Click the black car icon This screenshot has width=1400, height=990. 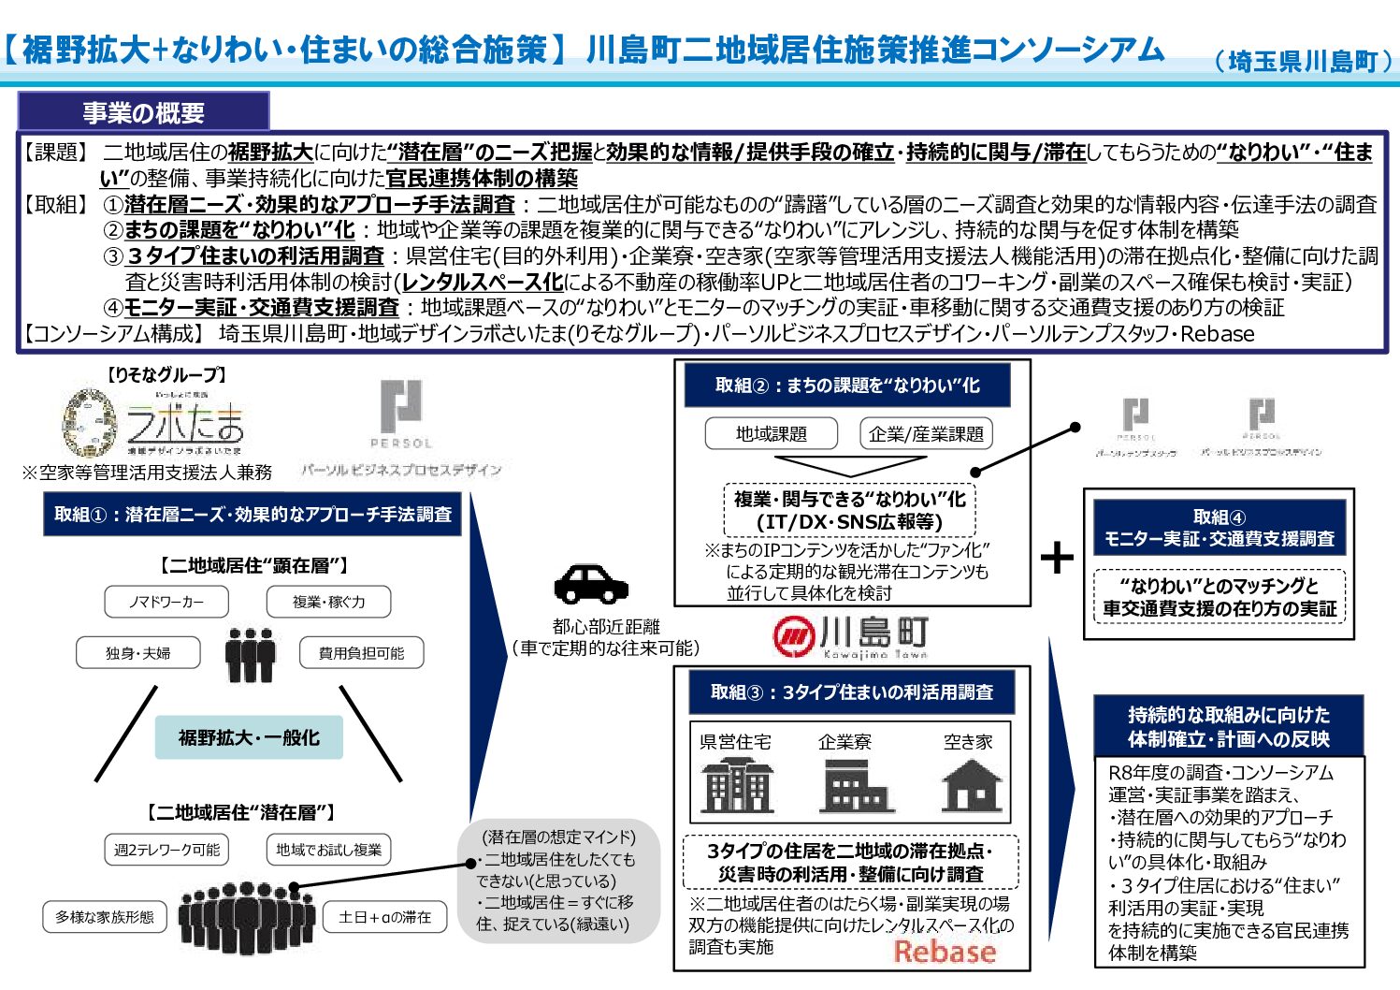pyautogui.click(x=591, y=584)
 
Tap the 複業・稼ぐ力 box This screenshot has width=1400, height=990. pyautogui.click(x=328, y=602)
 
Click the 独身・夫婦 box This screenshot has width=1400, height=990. pyautogui.click(x=138, y=652)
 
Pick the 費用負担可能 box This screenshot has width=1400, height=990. pyautogui.click(x=361, y=652)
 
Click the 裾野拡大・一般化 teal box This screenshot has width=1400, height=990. pyautogui.click(x=249, y=737)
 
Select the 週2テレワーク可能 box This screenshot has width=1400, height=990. pyautogui.click(x=166, y=850)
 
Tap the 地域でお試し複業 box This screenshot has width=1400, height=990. pyautogui.click(x=328, y=850)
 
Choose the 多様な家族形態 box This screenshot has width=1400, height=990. pyautogui.click(x=105, y=917)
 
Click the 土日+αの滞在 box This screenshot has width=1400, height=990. pyautogui.click(x=384, y=917)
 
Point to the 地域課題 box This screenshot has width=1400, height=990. pyautogui.click(x=771, y=433)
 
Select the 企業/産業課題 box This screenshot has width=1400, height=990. pyautogui.click(x=925, y=433)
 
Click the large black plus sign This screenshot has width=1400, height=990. pyautogui.click(x=1058, y=558)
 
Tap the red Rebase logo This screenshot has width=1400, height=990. pyautogui.click(x=945, y=952)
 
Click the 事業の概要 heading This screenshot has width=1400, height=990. pyautogui.click(x=143, y=112)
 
